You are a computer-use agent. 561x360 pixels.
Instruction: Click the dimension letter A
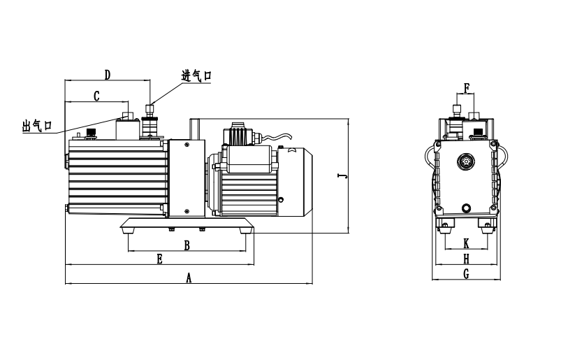pos(188,278)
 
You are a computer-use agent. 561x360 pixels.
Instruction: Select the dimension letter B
pos(187,245)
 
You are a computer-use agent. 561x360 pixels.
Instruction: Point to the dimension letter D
pos(108,74)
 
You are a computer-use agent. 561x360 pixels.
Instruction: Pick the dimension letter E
pos(159,259)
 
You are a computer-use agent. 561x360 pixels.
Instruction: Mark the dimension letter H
pos(466,259)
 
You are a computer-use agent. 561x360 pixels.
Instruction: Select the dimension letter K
pos(466,243)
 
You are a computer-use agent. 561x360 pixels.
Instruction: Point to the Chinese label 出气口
pos(37,126)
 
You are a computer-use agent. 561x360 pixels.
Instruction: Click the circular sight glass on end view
pos(464,161)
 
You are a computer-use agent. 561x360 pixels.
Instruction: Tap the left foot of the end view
pos(445,224)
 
